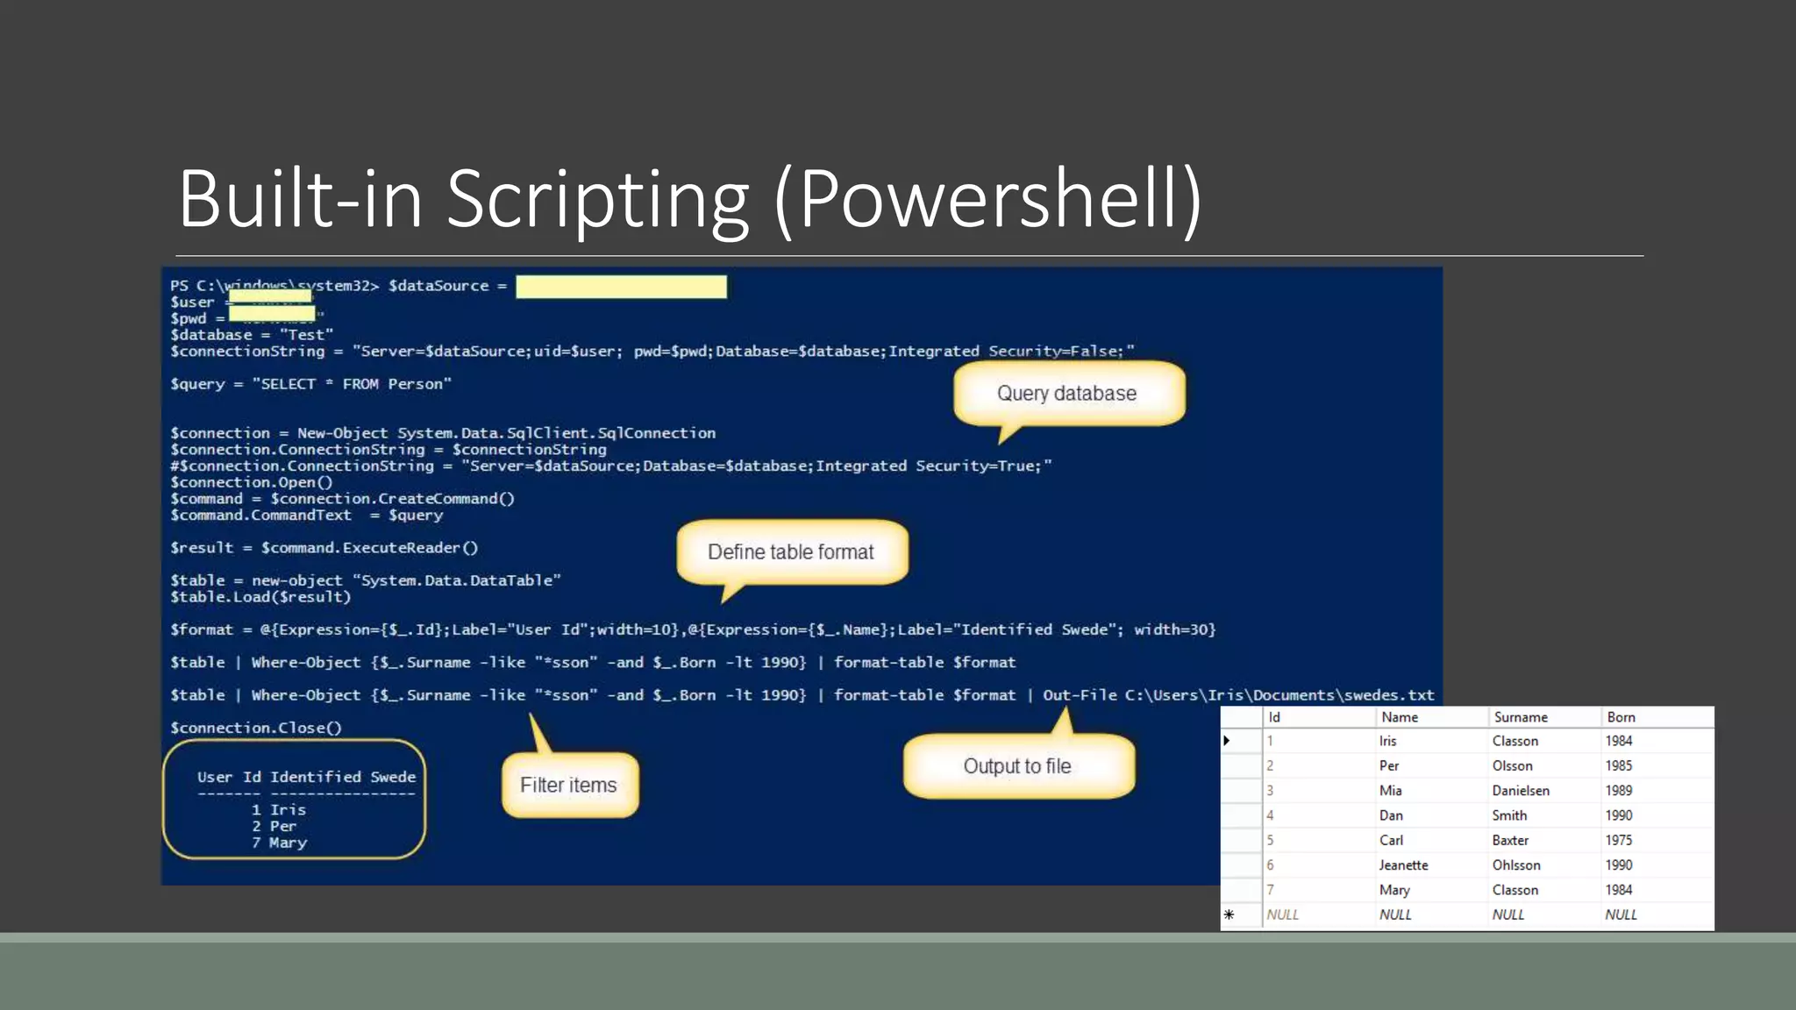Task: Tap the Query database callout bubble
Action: tap(1067, 394)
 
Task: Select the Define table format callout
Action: tap(791, 552)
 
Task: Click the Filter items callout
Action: tap(569, 785)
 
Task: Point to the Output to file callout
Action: tap(1017, 766)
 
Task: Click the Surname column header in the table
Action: tap(1521, 717)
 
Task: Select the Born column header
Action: tap(1621, 717)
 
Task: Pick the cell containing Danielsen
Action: tap(1521, 791)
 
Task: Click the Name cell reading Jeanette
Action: tap(1403, 865)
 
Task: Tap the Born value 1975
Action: tap(1619, 840)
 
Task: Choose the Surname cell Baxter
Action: tap(1510, 840)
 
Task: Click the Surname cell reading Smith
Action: tap(1509, 815)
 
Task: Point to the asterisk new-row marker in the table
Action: tap(1229, 914)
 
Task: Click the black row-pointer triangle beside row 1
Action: tap(1227, 741)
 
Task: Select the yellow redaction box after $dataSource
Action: tap(621, 287)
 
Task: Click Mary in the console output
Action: tap(288, 843)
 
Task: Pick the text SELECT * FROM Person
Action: tap(352, 384)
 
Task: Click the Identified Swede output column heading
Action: tap(343, 777)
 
